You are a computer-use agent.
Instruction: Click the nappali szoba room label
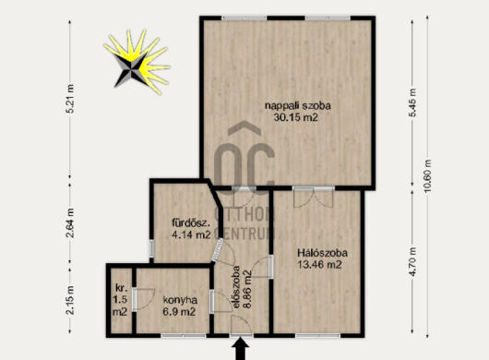pos(298,106)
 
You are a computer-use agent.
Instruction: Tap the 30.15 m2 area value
pos(295,117)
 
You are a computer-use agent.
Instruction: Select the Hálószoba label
pos(323,252)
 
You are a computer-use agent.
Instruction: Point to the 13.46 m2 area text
pos(319,265)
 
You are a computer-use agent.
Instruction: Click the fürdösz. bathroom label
pos(191,222)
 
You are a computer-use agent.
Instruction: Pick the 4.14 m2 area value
pos(191,234)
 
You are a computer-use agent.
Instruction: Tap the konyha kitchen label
pos(180,300)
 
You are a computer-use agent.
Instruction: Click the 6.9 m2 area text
pos(179,311)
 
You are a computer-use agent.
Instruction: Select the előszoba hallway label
pos(237,287)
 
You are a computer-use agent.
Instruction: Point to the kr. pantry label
pos(121,288)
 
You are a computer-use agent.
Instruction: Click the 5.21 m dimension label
pos(71,99)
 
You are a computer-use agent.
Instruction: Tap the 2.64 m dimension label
pos(71,222)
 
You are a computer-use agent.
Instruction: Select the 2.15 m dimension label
pos(71,300)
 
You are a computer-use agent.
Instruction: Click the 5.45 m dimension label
pos(412,102)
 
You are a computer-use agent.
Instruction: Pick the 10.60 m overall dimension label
pos(427,176)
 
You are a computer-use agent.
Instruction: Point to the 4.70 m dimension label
pos(412,261)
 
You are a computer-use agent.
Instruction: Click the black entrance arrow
pos(241,350)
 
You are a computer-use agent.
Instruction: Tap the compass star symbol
pos(137,62)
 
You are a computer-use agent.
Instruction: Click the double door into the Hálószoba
pos(314,198)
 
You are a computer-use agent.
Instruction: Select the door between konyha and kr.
pos(143,299)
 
